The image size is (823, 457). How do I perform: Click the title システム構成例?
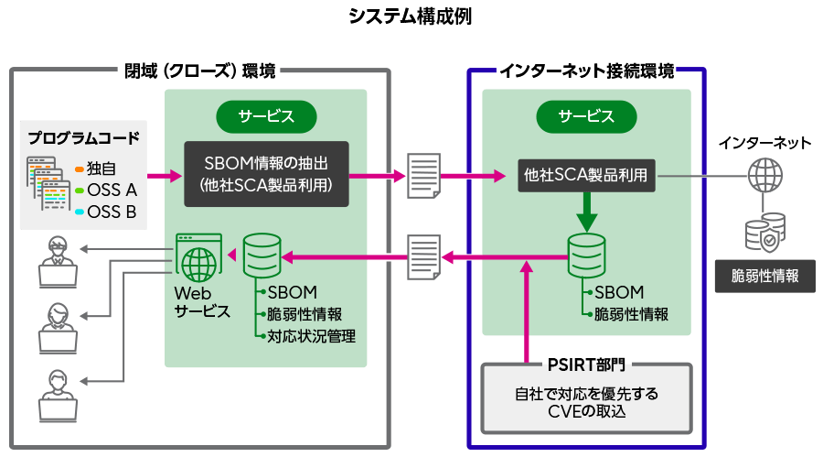[x=411, y=16]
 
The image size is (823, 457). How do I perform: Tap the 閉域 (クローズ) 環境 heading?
[x=199, y=71]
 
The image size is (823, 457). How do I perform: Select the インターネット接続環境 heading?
[x=586, y=71]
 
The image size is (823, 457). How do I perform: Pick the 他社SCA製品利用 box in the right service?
[x=586, y=173]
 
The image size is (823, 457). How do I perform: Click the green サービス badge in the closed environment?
[x=266, y=116]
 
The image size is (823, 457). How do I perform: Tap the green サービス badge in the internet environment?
[x=586, y=116]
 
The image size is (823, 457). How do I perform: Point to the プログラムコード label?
[x=83, y=138]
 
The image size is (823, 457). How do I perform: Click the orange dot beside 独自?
[x=79, y=169]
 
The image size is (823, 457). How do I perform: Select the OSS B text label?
[x=112, y=212]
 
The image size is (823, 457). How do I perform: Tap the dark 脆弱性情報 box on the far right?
[x=764, y=275]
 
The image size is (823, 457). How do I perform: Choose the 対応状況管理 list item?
[x=311, y=335]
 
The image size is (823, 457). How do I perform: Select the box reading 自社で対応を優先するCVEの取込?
[x=586, y=403]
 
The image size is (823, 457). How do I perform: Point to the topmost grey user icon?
[x=55, y=258]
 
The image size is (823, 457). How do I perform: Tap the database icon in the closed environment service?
[x=262, y=256]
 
